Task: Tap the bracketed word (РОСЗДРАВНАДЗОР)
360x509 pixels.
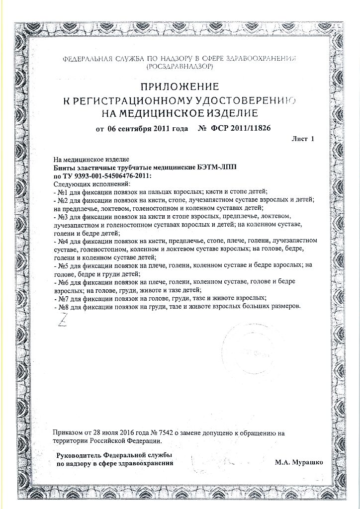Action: click(x=180, y=66)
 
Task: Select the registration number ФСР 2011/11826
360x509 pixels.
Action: click(x=237, y=129)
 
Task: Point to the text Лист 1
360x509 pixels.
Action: click(x=303, y=140)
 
